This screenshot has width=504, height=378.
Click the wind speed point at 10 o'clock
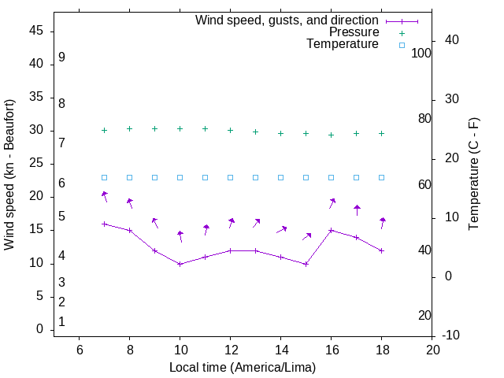pos(180,264)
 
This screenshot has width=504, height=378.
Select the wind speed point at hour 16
pos(332,230)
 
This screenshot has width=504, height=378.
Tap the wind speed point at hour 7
pos(105,224)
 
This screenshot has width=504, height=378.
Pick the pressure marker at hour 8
pos(130,128)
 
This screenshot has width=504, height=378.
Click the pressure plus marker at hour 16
pos(332,135)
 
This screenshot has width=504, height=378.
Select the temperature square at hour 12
pos(231,177)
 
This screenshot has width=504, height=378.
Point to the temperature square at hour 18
pos(382,177)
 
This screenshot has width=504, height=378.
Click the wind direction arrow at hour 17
pos(357,210)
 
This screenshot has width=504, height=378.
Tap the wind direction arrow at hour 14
pos(281,230)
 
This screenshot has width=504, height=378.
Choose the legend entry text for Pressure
pos(354,32)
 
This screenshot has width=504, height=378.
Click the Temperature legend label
pos(343,45)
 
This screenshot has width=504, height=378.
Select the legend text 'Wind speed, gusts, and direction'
pos(287,20)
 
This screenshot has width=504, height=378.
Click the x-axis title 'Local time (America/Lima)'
pos(243,367)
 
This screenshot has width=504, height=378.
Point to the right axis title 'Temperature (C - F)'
pos(473,175)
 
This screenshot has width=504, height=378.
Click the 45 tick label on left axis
pos(37,31)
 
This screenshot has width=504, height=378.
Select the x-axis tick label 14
pos(281,350)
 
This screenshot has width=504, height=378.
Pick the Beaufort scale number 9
pos(61,57)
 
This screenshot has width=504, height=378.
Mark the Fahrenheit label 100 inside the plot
pos(422,53)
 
